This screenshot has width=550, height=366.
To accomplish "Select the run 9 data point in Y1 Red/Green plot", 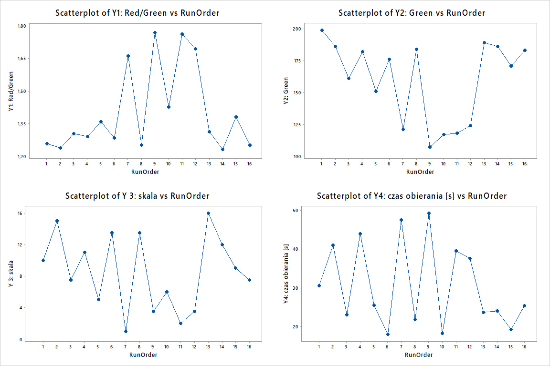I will (x=155, y=32).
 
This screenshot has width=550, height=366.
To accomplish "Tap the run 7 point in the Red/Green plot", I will (x=128, y=56).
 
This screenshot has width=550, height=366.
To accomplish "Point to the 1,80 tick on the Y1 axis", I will (x=22, y=26).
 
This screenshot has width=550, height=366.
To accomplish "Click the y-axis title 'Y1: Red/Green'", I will (x=11, y=91).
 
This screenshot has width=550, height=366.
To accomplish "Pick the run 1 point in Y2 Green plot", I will (x=322, y=30).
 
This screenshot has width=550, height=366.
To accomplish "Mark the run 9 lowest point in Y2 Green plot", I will (x=430, y=147).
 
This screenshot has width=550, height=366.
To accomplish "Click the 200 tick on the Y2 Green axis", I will (x=297, y=29).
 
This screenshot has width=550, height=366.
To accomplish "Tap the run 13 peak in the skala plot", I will (x=208, y=213).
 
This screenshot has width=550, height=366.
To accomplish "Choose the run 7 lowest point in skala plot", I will (x=126, y=331).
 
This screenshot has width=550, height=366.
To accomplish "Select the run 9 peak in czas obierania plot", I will (x=429, y=213).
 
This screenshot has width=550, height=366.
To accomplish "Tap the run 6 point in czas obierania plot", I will (x=388, y=334).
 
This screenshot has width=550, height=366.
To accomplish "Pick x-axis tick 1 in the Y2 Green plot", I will (x=322, y=164).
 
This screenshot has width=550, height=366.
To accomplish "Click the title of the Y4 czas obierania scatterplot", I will (x=412, y=196).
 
